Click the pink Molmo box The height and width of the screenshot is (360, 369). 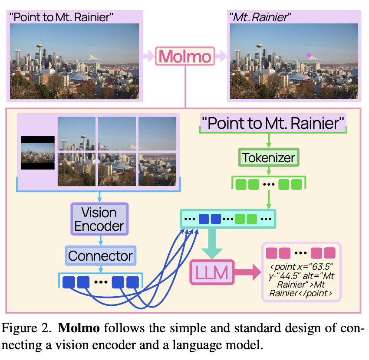[185, 56]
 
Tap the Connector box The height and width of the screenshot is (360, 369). [101, 255]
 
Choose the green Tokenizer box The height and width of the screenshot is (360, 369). [268, 157]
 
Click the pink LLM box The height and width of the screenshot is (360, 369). [212, 272]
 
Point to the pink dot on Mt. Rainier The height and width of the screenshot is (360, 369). [309, 55]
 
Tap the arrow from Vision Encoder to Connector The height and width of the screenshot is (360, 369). [101, 240]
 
